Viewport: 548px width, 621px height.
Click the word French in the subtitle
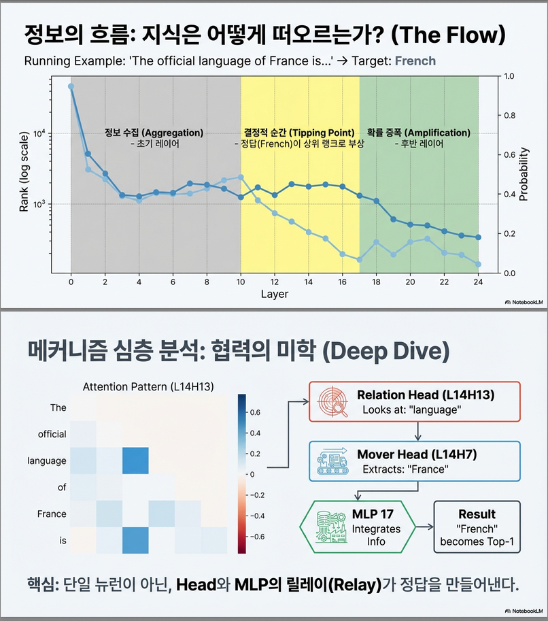[x=415, y=61]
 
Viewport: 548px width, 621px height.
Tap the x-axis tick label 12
[x=275, y=282]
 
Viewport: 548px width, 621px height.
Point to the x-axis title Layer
[x=275, y=295]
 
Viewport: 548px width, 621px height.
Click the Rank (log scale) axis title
[x=24, y=173]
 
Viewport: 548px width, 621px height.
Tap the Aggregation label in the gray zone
[x=154, y=133]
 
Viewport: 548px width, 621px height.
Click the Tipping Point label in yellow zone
[x=299, y=133]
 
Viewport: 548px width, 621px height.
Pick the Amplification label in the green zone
[x=418, y=133]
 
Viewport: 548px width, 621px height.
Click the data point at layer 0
[x=71, y=86]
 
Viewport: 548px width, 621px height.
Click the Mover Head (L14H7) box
[x=415, y=460]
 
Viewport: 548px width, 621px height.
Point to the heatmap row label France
[x=52, y=514]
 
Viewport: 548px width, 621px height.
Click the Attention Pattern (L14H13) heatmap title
[x=148, y=386]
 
